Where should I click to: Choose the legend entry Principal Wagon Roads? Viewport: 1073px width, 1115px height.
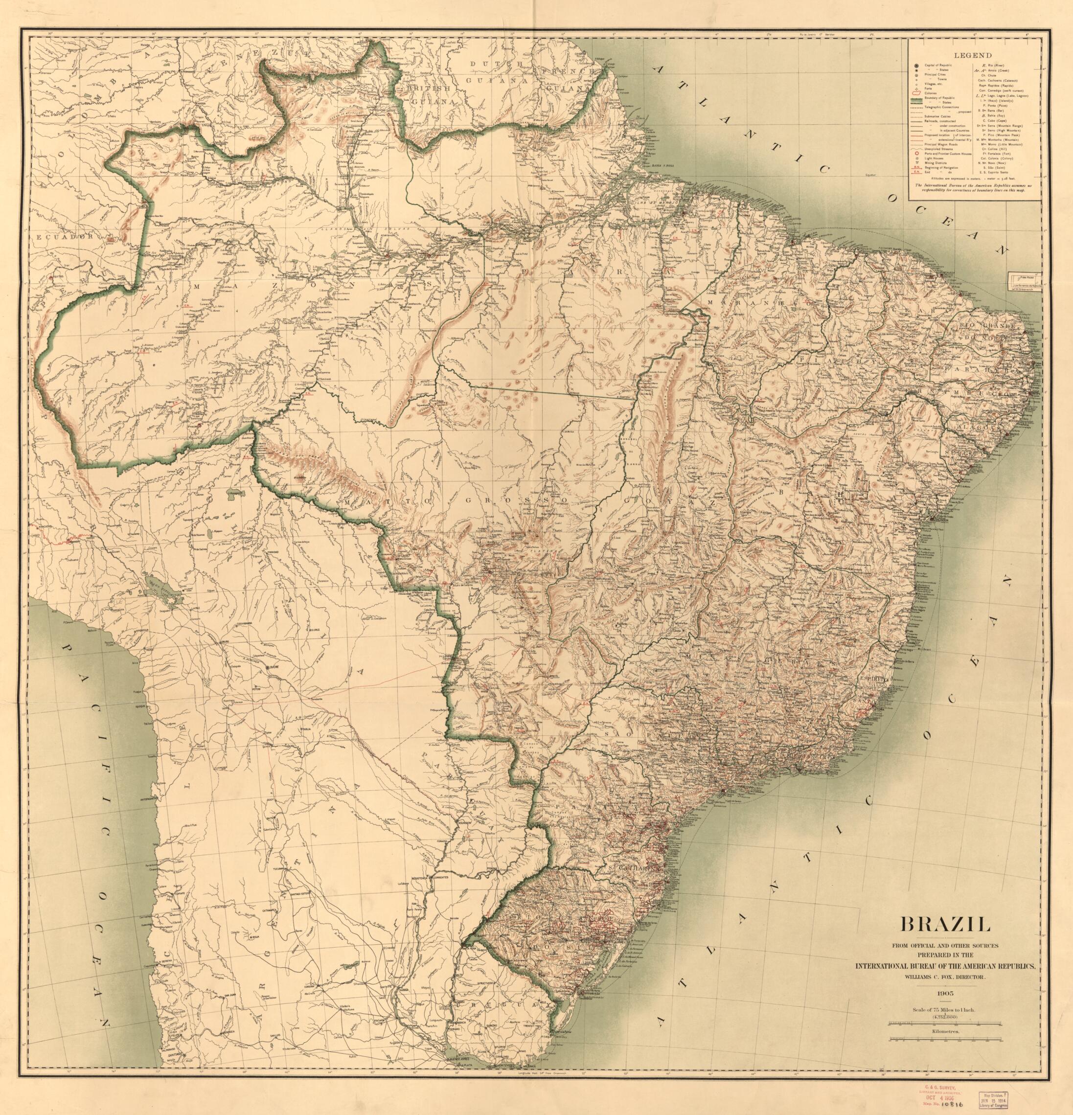pos(941,144)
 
